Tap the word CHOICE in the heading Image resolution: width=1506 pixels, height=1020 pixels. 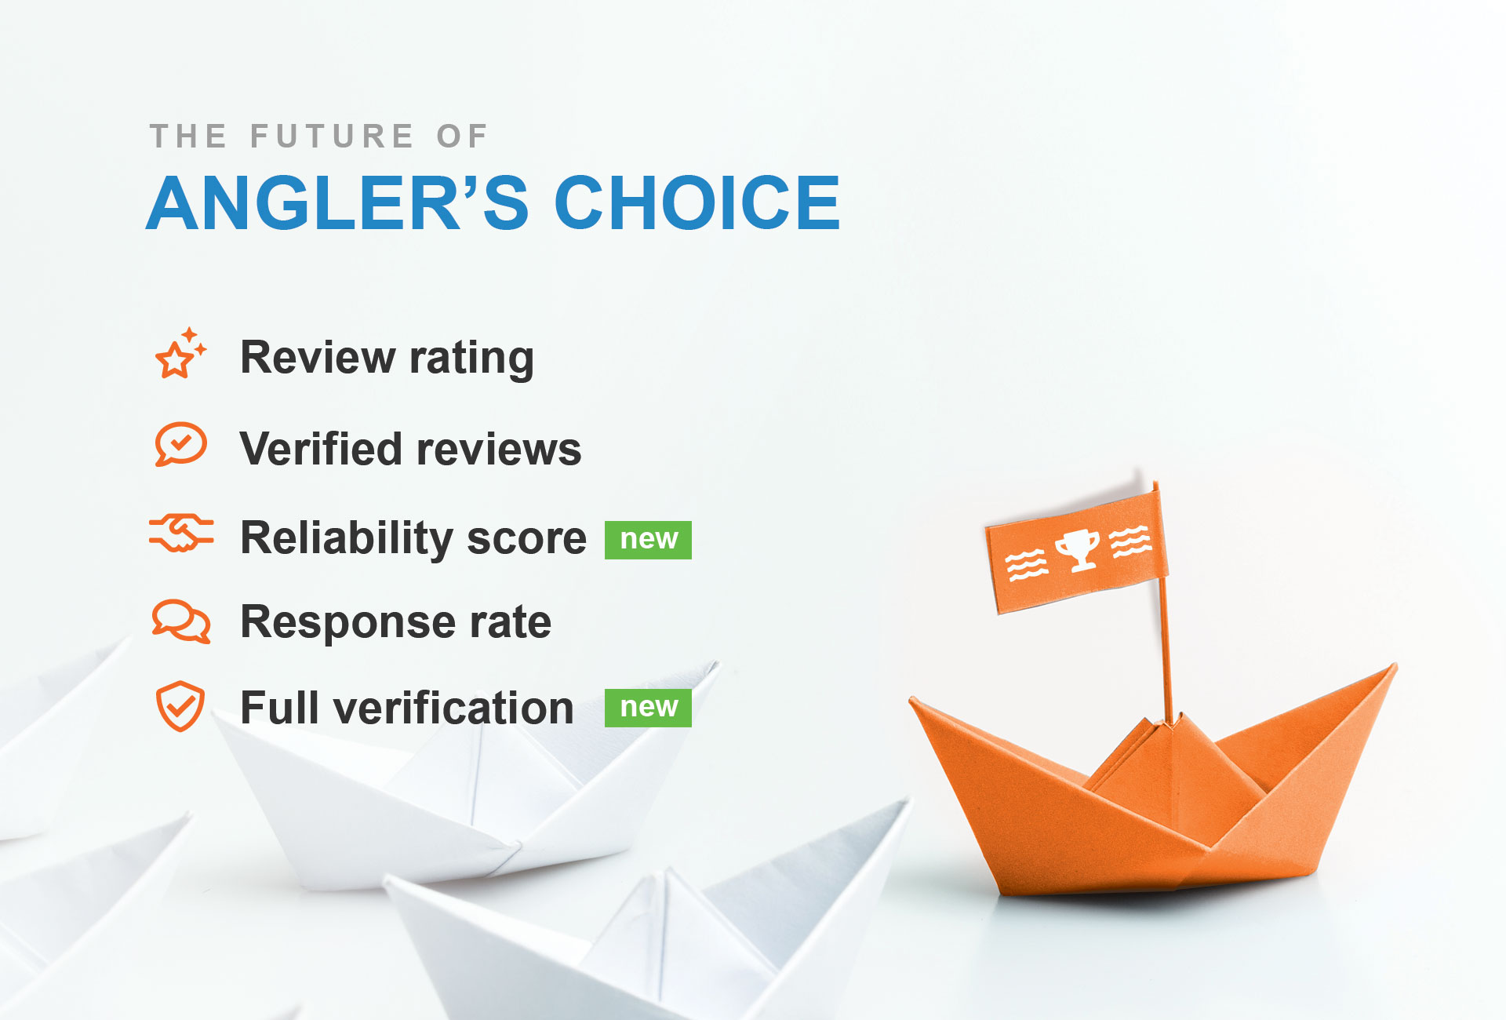tap(697, 203)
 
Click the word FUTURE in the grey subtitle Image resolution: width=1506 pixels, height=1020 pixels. tap(332, 137)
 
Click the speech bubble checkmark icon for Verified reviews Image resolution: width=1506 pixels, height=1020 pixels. tap(180, 445)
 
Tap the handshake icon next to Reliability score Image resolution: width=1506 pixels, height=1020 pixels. tap(181, 534)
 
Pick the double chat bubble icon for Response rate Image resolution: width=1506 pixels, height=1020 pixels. tap(181, 621)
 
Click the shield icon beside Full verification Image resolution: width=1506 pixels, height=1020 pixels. tap(180, 706)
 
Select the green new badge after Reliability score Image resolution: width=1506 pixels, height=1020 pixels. tap(648, 540)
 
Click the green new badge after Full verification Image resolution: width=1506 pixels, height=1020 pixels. tap(648, 708)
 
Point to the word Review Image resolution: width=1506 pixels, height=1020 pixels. tap(318, 358)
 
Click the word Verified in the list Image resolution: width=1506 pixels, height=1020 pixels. tap(321, 449)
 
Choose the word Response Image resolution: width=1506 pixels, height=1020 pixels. tap(347, 622)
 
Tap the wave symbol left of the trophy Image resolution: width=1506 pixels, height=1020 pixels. tap(1027, 564)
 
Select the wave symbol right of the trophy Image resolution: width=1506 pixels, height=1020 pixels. tap(1130, 541)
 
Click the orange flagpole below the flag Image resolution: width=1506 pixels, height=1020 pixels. tap(1166, 651)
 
